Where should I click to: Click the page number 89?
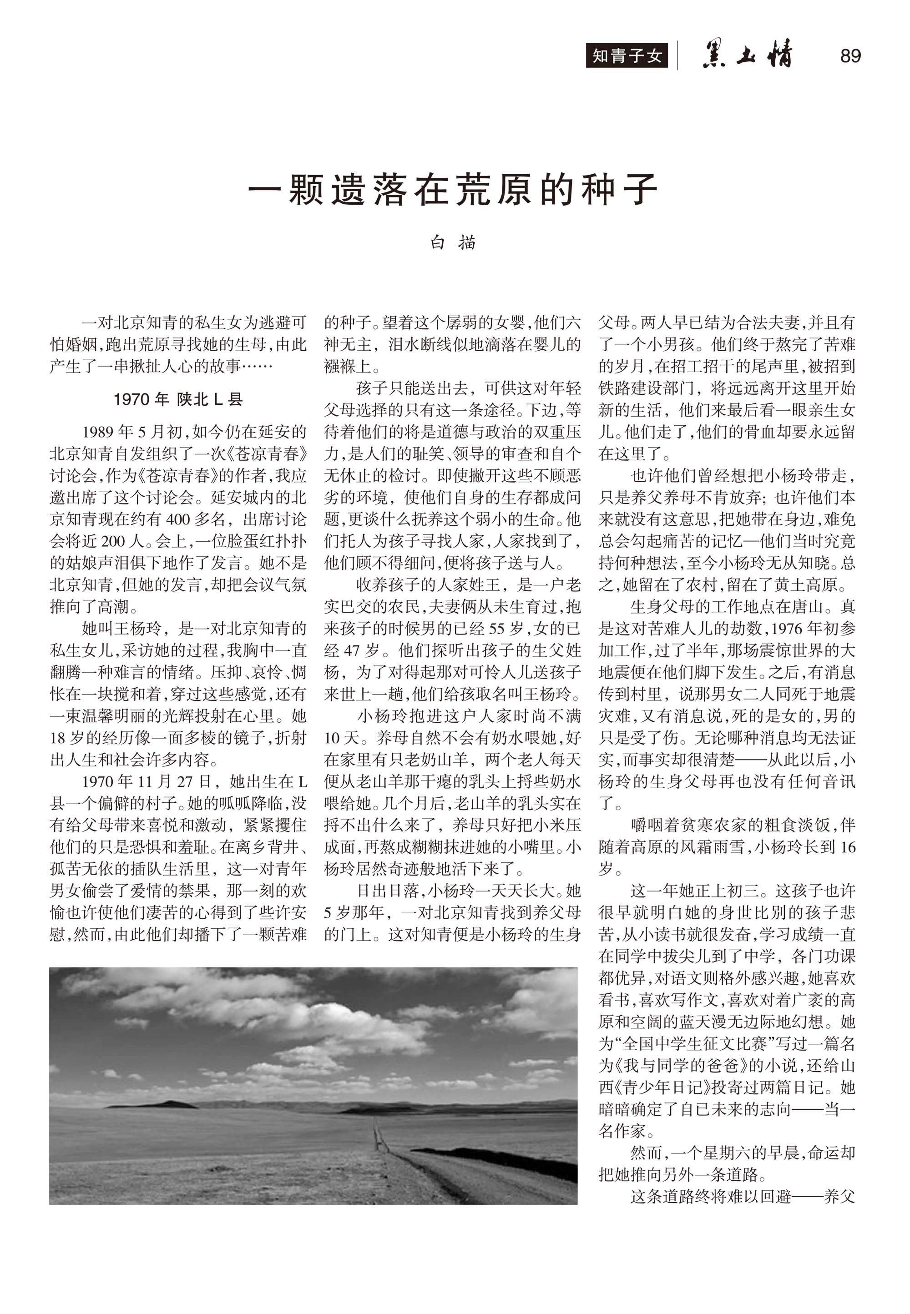pos(850,56)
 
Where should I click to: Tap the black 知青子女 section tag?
pos(627,56)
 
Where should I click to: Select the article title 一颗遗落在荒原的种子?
pos(454,189)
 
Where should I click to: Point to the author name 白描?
pos(454,243)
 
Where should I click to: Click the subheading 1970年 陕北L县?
pos(178,399)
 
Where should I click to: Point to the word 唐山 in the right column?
pos(807,606)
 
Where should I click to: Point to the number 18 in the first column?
pos(58,738)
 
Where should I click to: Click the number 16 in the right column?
pos(847,847)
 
